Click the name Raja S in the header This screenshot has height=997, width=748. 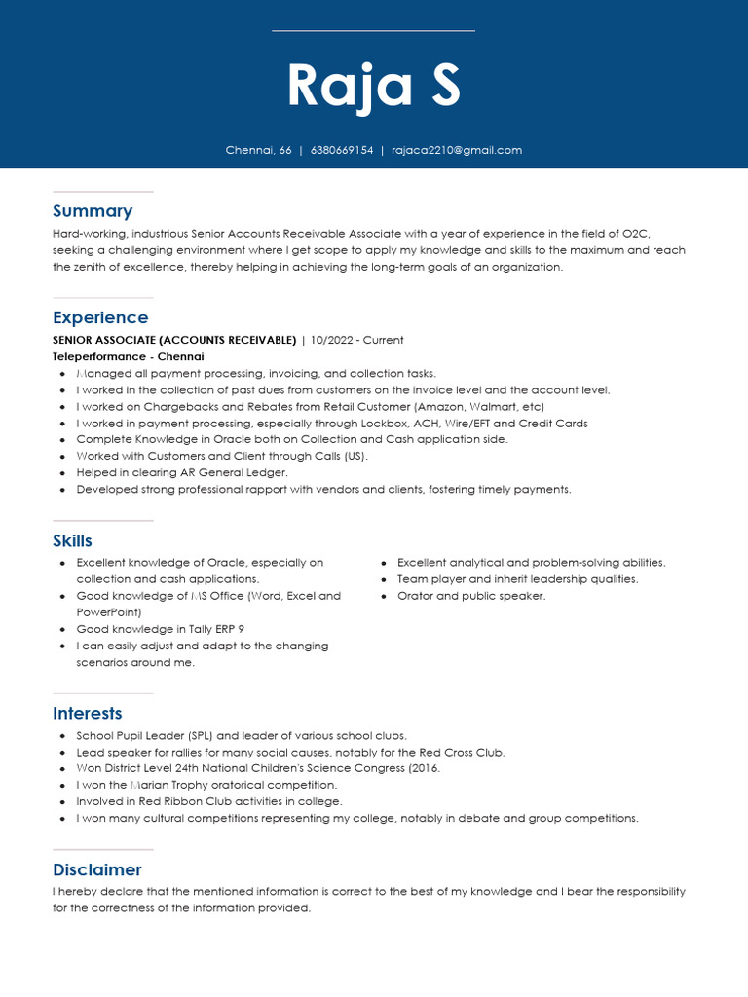[x=373, y=86]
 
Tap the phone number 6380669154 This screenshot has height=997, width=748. [x=342, y=150]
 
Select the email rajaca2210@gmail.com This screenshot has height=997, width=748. [x=457, y=150]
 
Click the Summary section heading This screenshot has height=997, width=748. [x=93, y=211]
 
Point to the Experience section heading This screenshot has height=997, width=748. [x=100, y=317]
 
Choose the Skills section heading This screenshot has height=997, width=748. [x=72, y=540]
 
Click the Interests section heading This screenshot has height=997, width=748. [x=88, y=713]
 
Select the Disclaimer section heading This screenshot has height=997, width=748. [x=97, y=869]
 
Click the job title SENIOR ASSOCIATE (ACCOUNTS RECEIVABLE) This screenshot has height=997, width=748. [x=174, y=340]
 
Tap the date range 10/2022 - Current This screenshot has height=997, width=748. [x=356, y=340]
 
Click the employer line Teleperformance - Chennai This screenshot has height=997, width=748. [x=129, y=356]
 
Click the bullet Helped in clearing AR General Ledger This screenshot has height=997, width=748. [x=183, y=472]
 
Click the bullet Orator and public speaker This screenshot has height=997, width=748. [x=471, y=596]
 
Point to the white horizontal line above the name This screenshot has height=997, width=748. [x=373, y=31]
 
